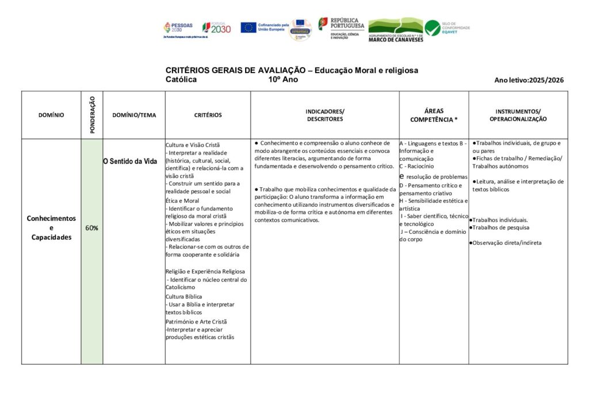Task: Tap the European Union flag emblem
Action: click(248, 28)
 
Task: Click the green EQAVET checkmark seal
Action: click(433, 28)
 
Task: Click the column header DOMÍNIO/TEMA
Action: click(134, 115)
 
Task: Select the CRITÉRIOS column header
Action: click(208, 115)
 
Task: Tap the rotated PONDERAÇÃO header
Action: click(92, 115)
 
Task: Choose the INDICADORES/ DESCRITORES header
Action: click(324, 115)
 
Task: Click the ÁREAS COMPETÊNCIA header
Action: click(434, 115)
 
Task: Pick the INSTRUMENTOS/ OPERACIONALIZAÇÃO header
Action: click(518, 115)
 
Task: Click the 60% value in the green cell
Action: click(91, 228)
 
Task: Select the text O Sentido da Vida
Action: click(130, 161)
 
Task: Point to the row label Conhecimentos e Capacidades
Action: click(51, 228)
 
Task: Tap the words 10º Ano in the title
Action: click(283, 80)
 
